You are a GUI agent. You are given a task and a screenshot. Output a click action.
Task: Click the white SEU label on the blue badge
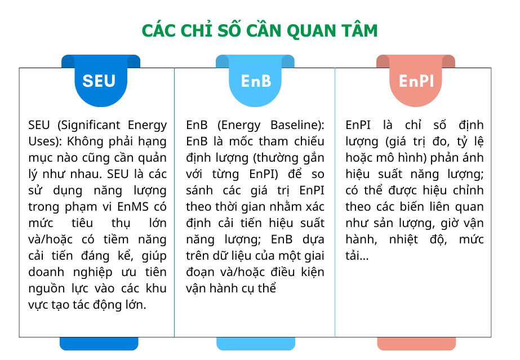[99, 81]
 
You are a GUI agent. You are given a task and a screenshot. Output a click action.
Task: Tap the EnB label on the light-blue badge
[256, 81]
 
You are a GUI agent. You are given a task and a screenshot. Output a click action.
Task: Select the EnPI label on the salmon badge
[416, 81]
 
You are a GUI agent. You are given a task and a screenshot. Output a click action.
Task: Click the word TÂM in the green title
[359, 30]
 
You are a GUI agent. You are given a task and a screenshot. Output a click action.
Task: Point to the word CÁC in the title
[157, 30]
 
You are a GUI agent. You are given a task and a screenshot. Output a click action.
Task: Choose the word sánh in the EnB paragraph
[198, 190]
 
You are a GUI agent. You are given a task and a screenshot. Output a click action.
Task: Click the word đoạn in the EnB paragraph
[200, 273]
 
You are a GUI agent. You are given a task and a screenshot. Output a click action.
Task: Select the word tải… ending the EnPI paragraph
[357, 256]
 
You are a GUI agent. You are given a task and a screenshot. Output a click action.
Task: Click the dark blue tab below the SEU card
[99, 344]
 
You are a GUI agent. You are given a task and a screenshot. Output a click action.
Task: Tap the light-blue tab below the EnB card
[256, 344]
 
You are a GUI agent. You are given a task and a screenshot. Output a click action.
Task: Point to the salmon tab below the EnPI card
[416, 344]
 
